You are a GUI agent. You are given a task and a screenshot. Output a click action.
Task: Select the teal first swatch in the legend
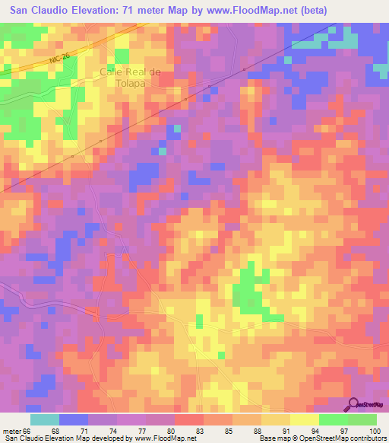point(45,419)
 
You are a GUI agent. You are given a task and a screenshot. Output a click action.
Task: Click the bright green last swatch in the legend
point(362,419)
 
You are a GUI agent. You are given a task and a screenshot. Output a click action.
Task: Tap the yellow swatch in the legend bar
point(305,419)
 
